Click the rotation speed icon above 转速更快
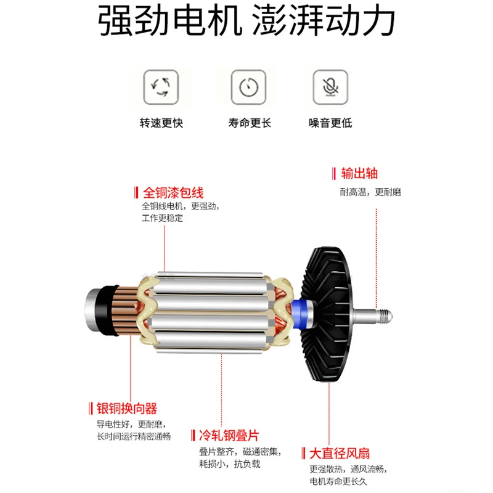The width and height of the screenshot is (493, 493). coord(161,87)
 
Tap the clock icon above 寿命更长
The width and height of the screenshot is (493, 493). coord(248,87)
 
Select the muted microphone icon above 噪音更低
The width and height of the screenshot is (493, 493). coord(330,87)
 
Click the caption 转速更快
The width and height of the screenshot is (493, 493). coord(161,123)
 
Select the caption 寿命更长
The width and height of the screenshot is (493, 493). coord(249,123)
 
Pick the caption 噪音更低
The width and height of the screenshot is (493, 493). coord(330,123)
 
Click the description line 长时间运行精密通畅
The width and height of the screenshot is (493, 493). coord(134,436)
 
